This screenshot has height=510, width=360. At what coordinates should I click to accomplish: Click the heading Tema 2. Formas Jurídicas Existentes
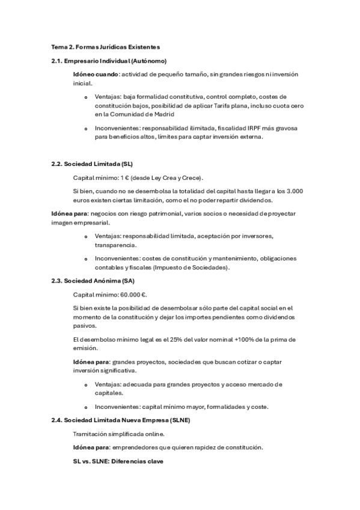point(105,46)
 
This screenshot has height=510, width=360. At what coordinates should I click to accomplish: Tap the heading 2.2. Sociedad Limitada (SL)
point(92,164)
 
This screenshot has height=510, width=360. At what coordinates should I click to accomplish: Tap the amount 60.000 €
point(133,295)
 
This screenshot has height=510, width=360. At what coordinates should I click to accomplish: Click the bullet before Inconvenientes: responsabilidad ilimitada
point(86,129)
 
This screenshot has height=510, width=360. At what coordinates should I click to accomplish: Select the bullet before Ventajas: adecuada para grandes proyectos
point(86,385)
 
